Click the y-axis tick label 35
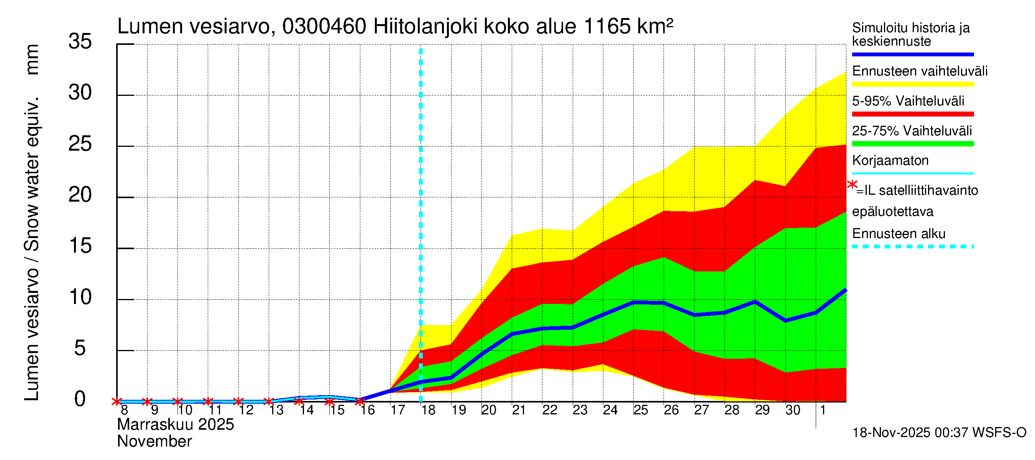coord(80,41)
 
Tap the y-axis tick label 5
coord(80,348)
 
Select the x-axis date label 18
coord(428,410)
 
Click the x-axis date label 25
coord(641,410)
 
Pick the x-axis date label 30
coord(793,410)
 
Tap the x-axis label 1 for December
coord(823,410)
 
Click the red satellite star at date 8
coord(117,401)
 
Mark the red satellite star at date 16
coord(360,401)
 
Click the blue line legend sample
coord(912,54)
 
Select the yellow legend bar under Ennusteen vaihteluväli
coord(912,84)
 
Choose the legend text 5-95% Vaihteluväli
coord(908,101)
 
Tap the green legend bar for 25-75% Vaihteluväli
coord(912,144)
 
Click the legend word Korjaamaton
coord(890,161)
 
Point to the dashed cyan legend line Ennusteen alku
coord(912,246)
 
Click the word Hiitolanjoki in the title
coord(425,26)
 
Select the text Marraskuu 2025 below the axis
coord(175,425)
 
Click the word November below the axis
coord(154,442)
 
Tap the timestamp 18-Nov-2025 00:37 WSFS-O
coord(939,433)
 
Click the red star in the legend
coord(852,185)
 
